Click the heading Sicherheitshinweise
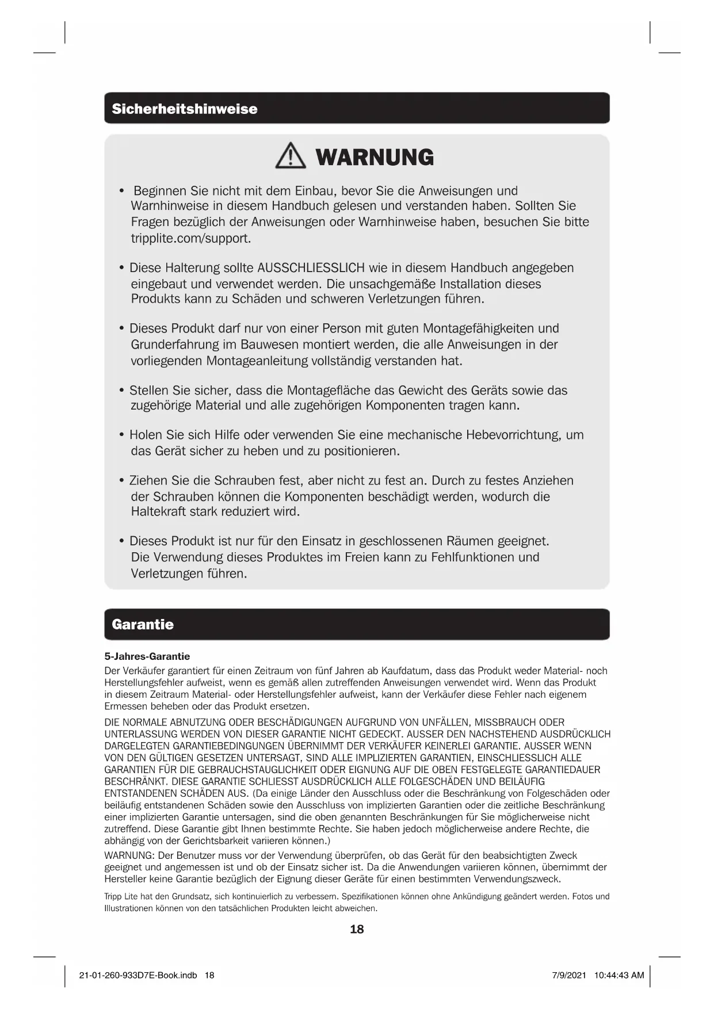click(185, 109)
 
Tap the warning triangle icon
click(291, 156)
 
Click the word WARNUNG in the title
click(375, 157)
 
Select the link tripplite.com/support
click(191, 238)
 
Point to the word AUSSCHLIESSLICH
click(311, 268)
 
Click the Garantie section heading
click(143, 624)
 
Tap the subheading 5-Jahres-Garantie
click(147, 656)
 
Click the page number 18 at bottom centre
click(357, 929)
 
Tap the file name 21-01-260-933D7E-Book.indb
click(138, 975)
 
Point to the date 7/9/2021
click(569, 975)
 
